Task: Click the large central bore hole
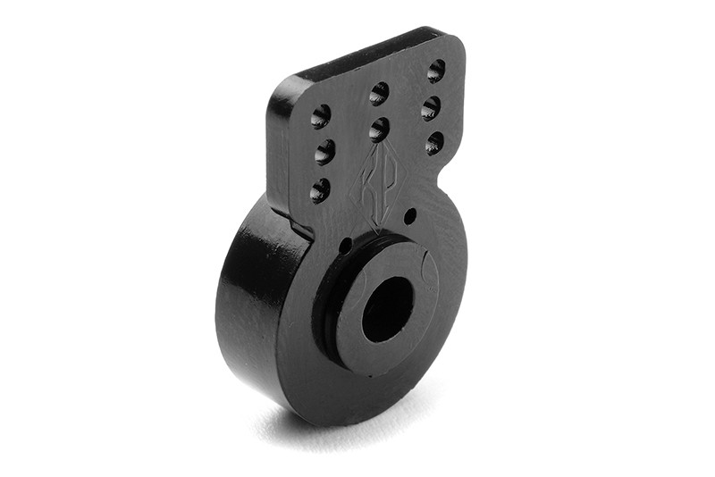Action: pos(387,309)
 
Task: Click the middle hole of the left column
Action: pos(324,152)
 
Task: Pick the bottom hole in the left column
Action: pos(319,189)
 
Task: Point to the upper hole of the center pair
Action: pos(379,93)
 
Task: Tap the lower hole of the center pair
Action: pos(379,130)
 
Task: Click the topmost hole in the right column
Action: pos(436,71)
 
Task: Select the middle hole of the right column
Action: pos(431,108)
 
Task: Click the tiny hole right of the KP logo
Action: pos(409,216)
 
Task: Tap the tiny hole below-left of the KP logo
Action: pos(346,246)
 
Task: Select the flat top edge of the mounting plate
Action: pos(366,55)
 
